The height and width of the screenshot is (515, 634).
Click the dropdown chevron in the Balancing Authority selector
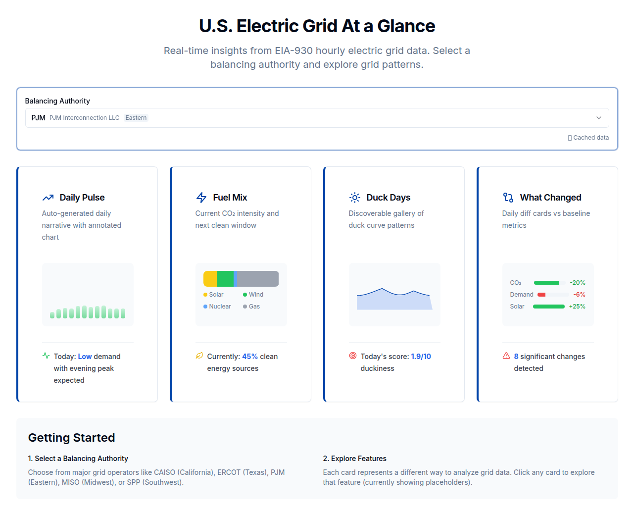[x=598, y=118]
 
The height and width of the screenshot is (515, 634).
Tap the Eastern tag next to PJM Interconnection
[x=136, y=118]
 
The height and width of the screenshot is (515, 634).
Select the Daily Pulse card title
[x=82, y=198]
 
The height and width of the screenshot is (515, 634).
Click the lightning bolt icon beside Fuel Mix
[x=201, y=198]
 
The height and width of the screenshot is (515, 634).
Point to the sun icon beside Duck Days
[x=355, y=198]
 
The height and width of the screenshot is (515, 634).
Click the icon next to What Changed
[x=508, y=198]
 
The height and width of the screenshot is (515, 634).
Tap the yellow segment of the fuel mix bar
[x=210, y=279]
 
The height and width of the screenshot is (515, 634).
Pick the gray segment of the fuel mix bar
[x=257, y=279]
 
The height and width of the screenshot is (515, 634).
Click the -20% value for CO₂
[x=577, y=283]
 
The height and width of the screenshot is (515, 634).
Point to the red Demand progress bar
[x=541, y=295]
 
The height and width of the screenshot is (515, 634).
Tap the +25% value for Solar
[x=577, y=307]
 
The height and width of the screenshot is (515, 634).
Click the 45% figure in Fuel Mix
[x=249, y=357]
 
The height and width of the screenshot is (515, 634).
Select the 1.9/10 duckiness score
[x=421, y=357]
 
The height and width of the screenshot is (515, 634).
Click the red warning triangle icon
[x=506, y=356]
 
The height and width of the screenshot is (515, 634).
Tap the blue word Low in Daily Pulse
[x=85, y=357]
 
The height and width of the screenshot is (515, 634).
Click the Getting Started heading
[x=71, y=438]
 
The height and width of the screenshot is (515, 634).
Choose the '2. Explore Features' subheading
[x=354, y=459]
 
